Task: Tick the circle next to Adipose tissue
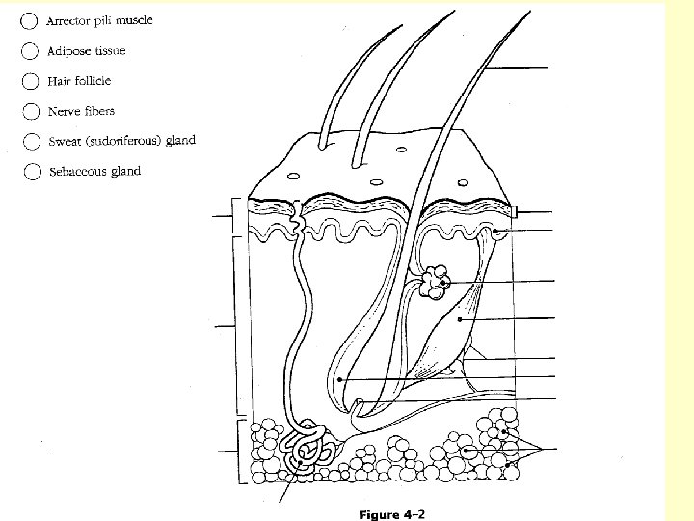point(31,51)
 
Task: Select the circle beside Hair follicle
point(31,82)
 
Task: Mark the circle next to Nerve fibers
point(31,113)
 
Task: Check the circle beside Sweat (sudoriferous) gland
point(31,143)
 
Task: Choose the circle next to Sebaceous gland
point(32,173)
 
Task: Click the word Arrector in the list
point(70,20)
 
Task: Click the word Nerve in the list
point(65,112)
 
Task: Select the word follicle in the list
point(93,81)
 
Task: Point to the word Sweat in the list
point(65,142)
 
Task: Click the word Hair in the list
point(59,81)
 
